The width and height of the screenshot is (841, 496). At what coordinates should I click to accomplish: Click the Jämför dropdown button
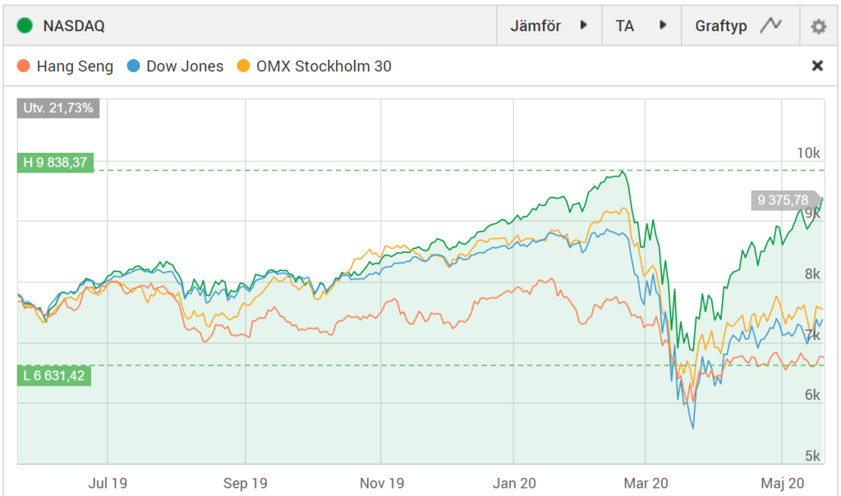pyautogui.click(x=549, y=25)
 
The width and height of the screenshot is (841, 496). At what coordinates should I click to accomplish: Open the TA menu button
pyautogui.click(x=641, y=25)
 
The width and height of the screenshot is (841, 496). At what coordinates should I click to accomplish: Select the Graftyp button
pyautogui.click(x=738, y=25)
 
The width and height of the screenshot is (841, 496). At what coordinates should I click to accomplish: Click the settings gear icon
pyautogui.click(x=818, y=26)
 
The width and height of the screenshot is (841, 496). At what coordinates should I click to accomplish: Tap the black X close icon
pyautogui.click(x=817, y=66)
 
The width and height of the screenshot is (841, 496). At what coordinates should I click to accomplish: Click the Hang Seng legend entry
pyautogui.click(x=66, y=67)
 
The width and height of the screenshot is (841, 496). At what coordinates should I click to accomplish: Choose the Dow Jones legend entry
pyautogui.click(x=176, y=67)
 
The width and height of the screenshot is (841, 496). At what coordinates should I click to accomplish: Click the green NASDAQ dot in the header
pyautogui.click(x=25, y=25)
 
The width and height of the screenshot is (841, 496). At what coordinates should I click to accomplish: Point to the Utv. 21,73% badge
pyautogui.click(x=58, y=108)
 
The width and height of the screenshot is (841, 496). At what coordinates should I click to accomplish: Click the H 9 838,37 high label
pyautogui.click(x=55, y=163)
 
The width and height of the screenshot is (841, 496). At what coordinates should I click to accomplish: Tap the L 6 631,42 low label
pyautogui.click(x=54, y=375)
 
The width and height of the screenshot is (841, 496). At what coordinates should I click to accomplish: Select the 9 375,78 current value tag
pyautogui.click(x=784, y=200)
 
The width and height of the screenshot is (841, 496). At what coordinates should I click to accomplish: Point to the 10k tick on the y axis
pyautogui.click(x=809, y=154)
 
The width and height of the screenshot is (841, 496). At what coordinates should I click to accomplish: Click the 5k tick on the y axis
pyautogui.click(x=811, y=457)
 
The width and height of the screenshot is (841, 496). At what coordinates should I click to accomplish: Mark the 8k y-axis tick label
pyautogui.click(x=811, y=274)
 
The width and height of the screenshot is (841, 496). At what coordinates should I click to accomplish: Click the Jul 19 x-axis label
pyautogui.click(x=108, y=483)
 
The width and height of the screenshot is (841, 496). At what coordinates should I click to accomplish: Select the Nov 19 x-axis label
pyautogui.click(x=382, y=483)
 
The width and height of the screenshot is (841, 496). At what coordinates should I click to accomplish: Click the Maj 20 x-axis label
pyautogui.click(x=782, y=483)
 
